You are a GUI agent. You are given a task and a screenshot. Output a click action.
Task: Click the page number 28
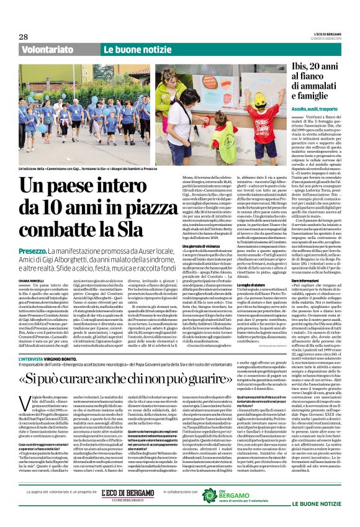[x=24, y=37]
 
